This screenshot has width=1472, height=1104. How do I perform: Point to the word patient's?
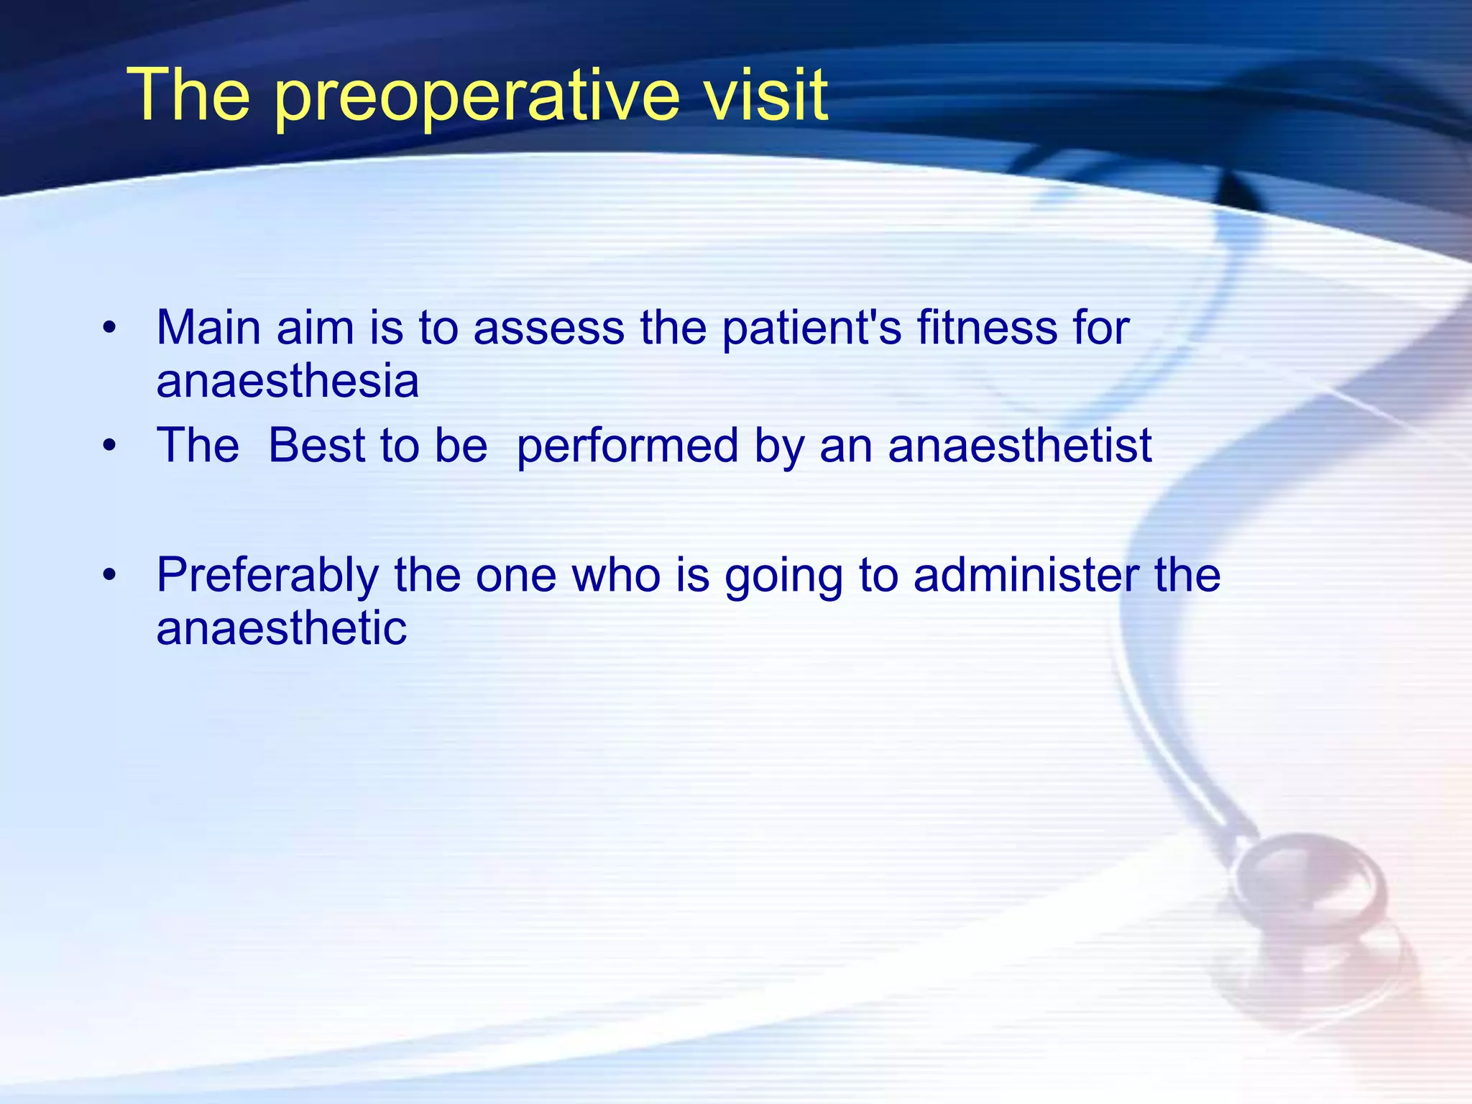(811, 328)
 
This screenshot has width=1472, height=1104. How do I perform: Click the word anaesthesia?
(287, 381)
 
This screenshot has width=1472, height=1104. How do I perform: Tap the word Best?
(316, 446)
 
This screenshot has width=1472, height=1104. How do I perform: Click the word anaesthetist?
(1020, 446)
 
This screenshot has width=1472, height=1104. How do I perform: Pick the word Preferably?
(267, 576)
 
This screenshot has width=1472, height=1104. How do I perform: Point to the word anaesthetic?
(281, 628)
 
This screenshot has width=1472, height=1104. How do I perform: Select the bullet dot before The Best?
(109, 446)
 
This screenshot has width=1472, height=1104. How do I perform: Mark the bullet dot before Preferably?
(109, 576)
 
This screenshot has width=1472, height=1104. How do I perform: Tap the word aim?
(315, 328)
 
